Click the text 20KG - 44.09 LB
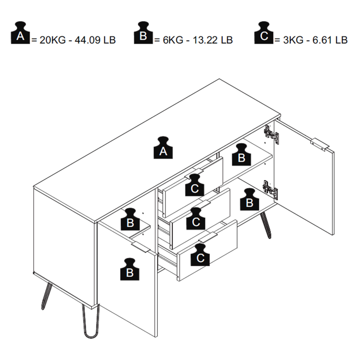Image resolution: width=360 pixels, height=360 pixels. coord(73,40)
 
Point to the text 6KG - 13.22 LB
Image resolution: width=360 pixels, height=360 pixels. coord(194,40)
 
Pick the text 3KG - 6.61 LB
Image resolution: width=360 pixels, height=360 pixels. coord(311,40)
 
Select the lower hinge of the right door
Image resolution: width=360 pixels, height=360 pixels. coord(271,189)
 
